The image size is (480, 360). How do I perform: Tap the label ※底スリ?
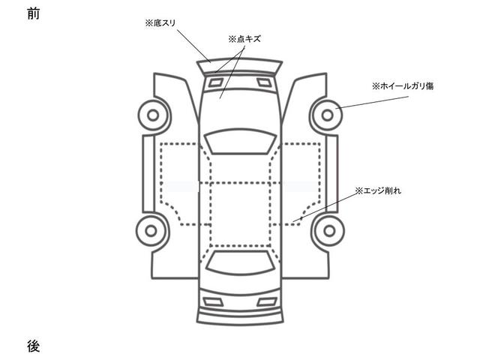point(161,25)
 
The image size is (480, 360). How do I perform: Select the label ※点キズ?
point(244,37)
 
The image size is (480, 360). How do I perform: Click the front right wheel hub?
point(328,115)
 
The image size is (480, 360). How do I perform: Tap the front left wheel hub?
point(152,115)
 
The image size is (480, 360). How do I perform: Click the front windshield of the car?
point(240,141)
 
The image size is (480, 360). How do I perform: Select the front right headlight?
point(262,82)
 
